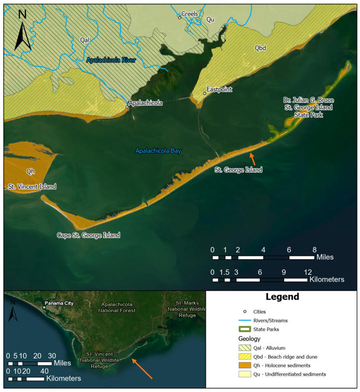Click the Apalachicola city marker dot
127,107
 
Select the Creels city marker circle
179,17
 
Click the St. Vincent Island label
32,187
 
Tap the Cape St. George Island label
88,235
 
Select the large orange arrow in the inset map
142,368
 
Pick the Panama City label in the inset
60,303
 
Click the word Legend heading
282,297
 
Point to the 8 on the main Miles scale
314,250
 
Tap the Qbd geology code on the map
260,47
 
